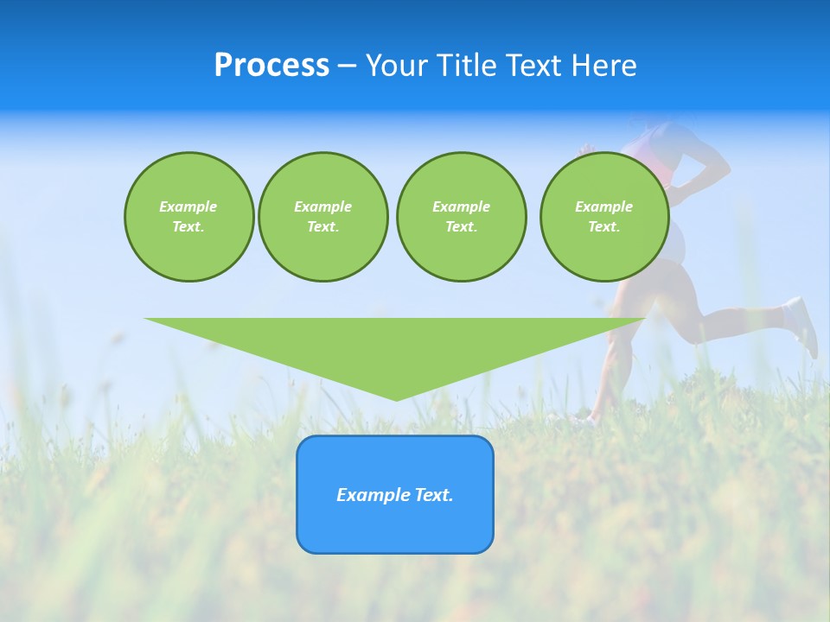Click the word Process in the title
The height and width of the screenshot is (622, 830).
(x=271, y=66)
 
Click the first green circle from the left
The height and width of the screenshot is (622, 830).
(x=188, y=217)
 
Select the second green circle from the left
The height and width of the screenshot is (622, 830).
(x=322, y=217)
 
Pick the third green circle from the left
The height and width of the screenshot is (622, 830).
(x=461, y=217)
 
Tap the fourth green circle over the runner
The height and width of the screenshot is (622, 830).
(x=603, y=217)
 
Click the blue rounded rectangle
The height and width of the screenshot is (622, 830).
(x=395, y=527)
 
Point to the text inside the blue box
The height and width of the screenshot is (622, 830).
(x=395, y=495)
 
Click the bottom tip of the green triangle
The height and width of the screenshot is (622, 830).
(x=396, y=398)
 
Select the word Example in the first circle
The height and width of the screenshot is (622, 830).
(x=188, y=206)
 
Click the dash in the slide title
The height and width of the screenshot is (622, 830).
(x=348, y=66)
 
